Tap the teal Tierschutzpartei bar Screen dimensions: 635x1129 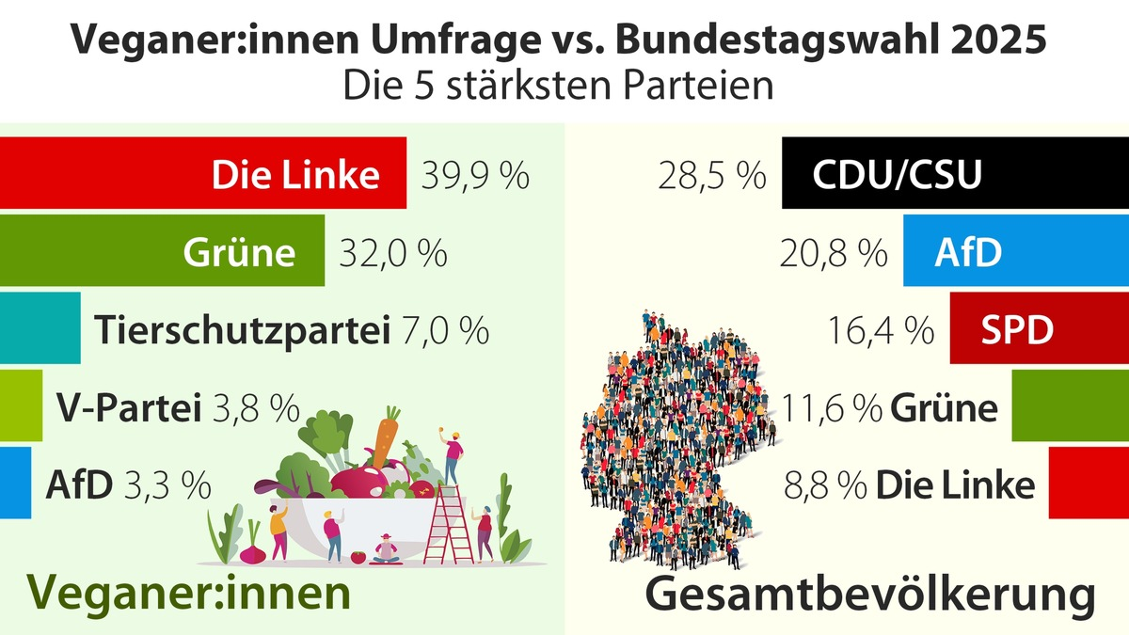click(40, 327)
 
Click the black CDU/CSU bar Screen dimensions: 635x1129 click(954, 174)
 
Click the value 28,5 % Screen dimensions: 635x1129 click(711, 176)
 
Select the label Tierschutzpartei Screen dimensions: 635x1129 click(243, 331)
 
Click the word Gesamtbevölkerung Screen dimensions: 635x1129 click(870, 596)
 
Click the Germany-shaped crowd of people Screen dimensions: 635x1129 click(673, 442)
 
